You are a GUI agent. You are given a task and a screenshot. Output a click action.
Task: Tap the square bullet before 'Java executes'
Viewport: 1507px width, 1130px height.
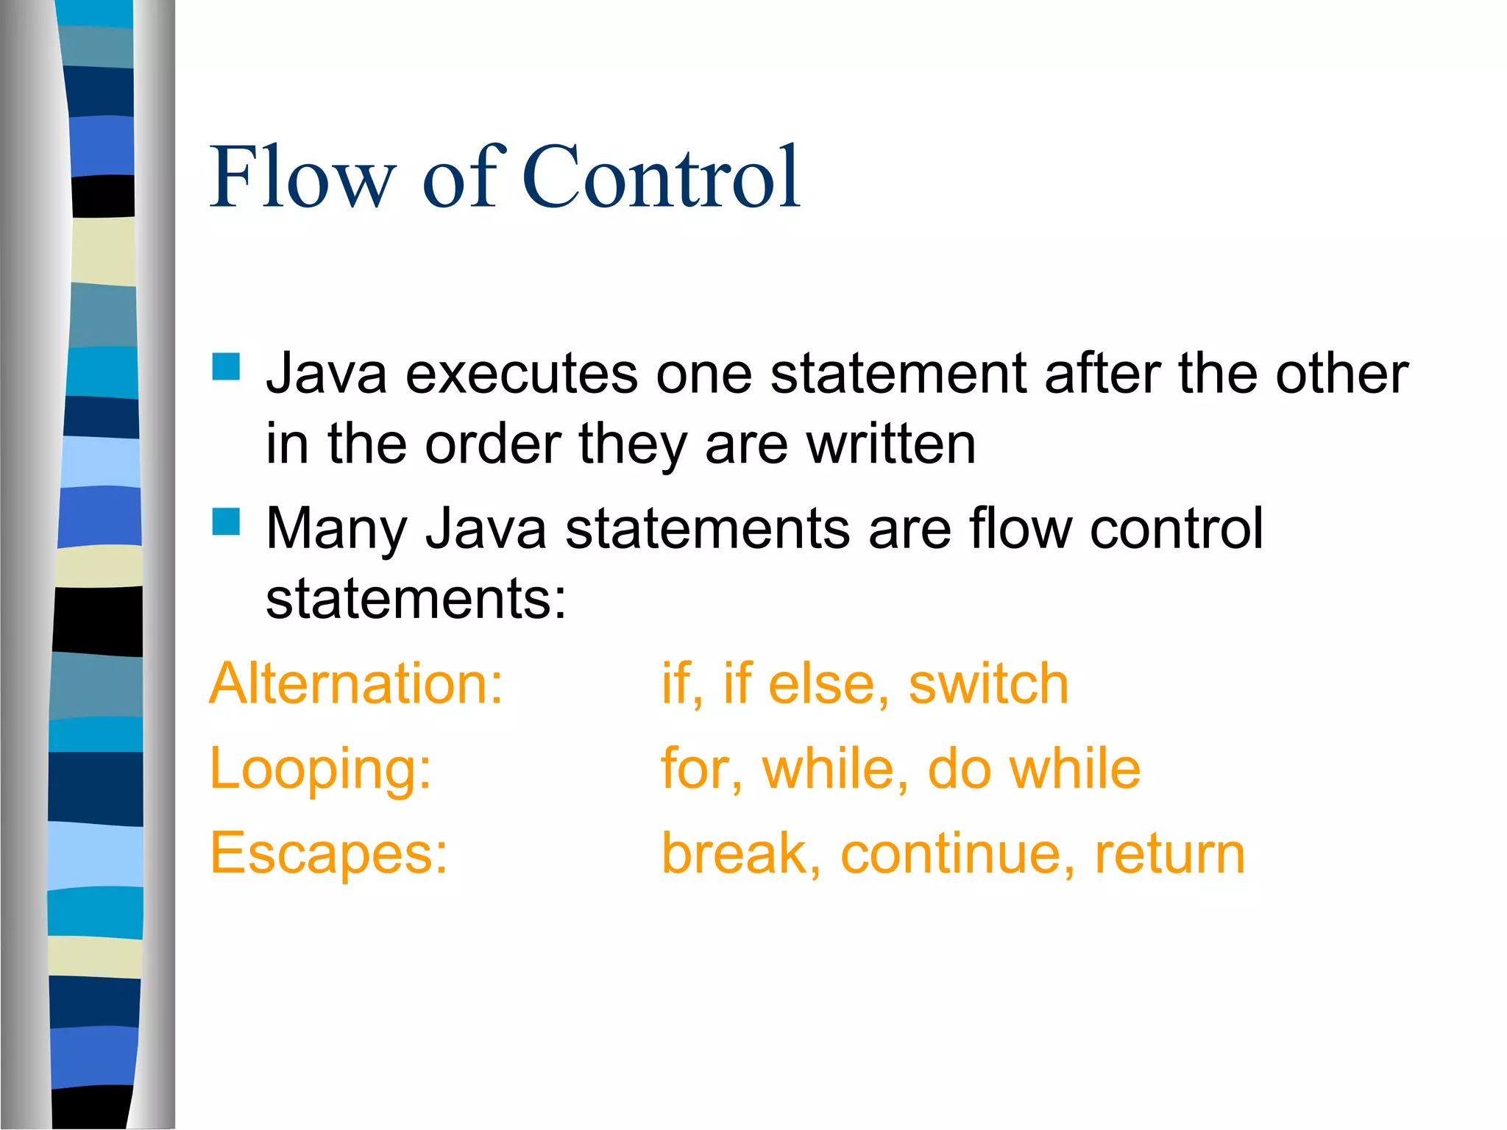pyautogui.click(x=226, y=367)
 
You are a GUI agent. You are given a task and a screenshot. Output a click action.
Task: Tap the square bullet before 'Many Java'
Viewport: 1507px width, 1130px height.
pyautogui.click(x=226, y=522)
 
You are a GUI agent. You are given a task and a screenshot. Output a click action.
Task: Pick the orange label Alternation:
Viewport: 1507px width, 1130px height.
pyautogui.click(x=356, y=683)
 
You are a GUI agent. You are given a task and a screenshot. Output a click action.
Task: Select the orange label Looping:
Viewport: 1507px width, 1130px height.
pyautogui.click(x=320, y=770)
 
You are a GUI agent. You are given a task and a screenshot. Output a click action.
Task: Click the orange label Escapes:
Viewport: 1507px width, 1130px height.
pyautogui.click(x=328, y=853)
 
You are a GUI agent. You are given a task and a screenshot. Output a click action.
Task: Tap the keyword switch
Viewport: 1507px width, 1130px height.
pyautogui.click(x=987, y=683)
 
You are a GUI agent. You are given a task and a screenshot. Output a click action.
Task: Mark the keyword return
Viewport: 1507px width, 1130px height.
pyautogui.click(x=1170, y=853)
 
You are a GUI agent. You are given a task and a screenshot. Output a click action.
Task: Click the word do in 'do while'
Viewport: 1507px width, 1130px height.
pyautogui.click(x=959, y=769)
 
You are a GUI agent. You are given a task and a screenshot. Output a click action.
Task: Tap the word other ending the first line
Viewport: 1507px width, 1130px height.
pyautogui.click(x=1341, y=374)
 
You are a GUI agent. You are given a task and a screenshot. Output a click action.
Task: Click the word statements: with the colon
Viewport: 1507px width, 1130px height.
pyautogui.click(x=416, y=599)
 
